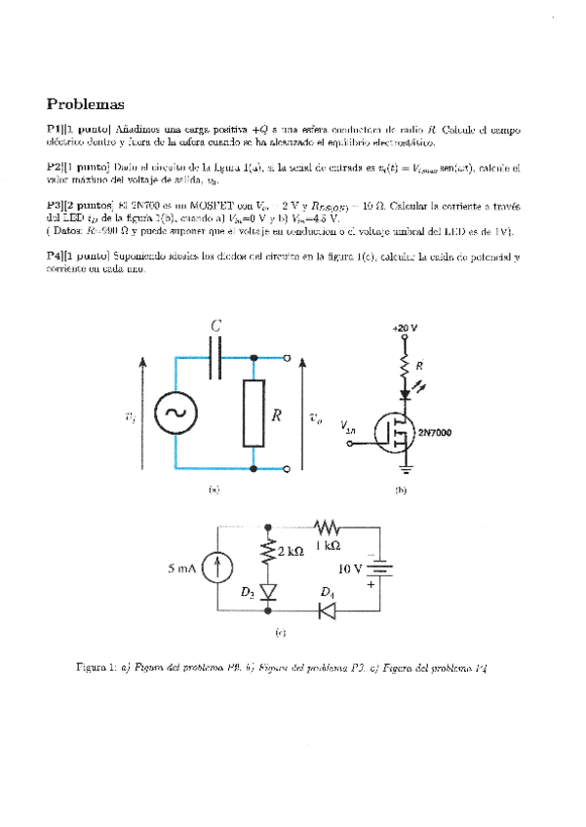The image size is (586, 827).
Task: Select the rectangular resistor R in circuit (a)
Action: [x=254, y=414]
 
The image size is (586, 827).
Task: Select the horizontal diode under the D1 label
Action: [x=328, y=611]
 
